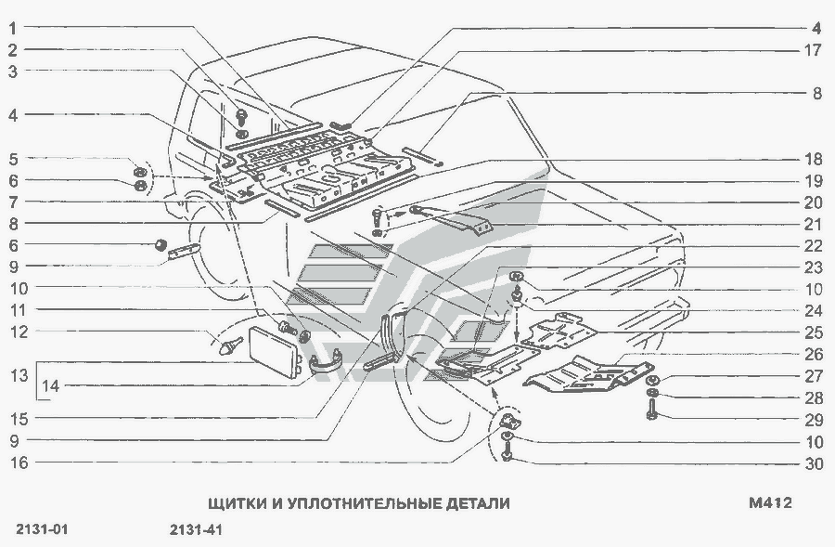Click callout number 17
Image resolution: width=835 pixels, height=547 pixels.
click(x=814, y=50)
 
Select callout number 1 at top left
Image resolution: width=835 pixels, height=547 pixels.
click(x=14, y=28)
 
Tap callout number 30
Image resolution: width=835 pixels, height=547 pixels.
click(x=814, y=464)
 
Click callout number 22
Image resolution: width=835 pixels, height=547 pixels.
click(x=814, y=246)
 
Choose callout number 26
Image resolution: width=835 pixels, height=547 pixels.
click(x=814, y=354)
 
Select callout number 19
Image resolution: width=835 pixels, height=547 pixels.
click(x=814, y=180)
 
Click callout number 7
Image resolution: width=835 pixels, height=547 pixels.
click(x=14, y=202)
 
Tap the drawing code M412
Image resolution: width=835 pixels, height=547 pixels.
click(x=769, y=503)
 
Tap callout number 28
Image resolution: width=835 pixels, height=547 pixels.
click(x=814, y=397)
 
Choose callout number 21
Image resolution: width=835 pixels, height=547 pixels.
click(x=814, y=224)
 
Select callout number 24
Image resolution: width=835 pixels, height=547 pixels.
click(x=814, y=310)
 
